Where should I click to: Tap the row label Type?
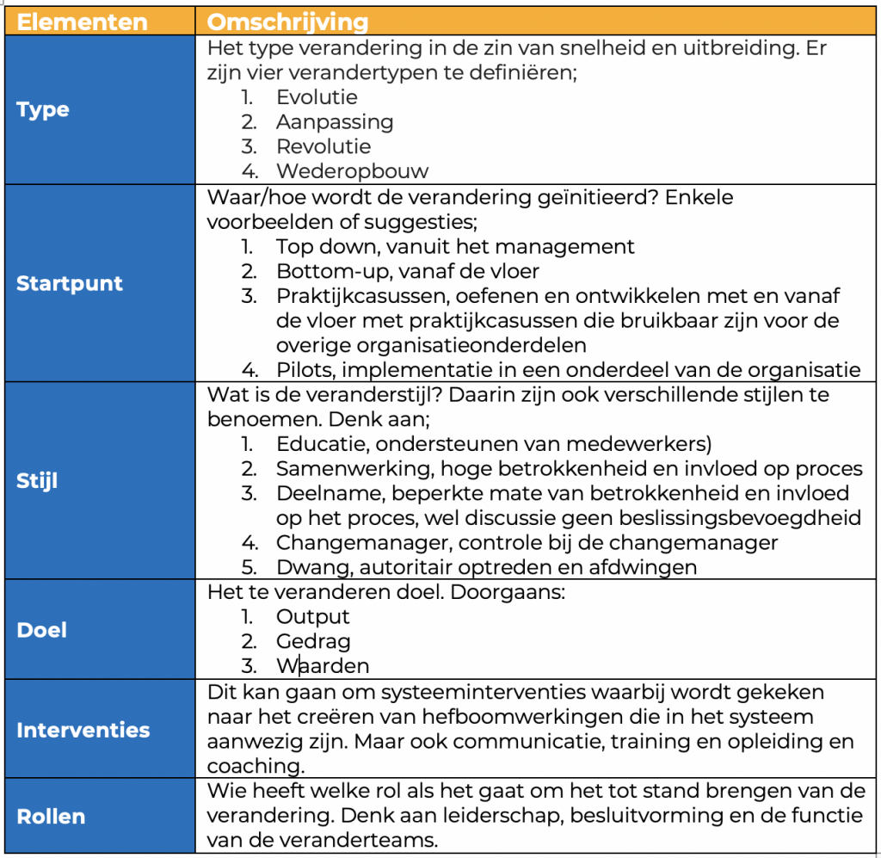click(x=43, y=110)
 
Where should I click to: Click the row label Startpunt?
click(x=70, y=283)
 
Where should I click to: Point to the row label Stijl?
click(x=37, y=480)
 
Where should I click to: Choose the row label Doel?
click(x=41, y=629)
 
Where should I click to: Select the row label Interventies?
click(x=83, y=730)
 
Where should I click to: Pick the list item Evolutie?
click(x=316, y=97)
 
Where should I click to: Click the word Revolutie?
click(x=323, y=146)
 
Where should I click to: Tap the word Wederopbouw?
click(x=352, y=170)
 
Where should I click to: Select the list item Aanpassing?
click(x=334, y=121)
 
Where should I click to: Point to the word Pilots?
click(x=302, y=370)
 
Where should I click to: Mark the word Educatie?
click(x=315, y=444)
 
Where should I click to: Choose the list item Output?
click(x=312, y=616)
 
